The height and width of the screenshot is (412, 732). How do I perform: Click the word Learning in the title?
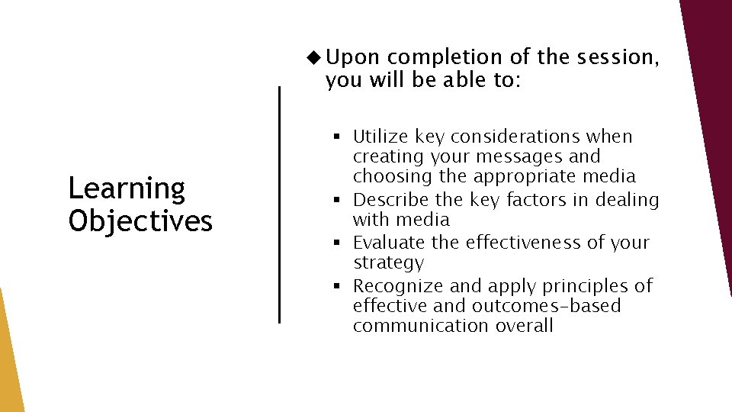[127, 188]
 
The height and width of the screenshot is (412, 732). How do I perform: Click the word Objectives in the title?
[140, 220]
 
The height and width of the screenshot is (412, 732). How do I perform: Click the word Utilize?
[381, 137]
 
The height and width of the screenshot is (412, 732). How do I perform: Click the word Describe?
[389, 200]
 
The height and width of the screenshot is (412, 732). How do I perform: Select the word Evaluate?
[387, 243]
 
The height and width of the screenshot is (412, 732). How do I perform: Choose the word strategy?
[388, 263]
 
